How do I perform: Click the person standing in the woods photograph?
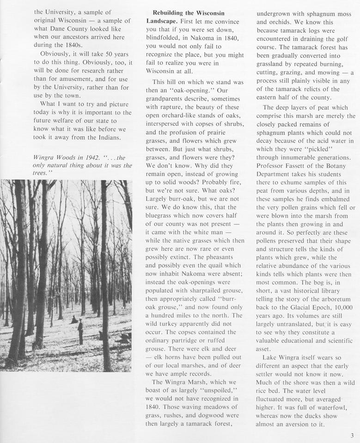80,331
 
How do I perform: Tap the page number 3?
352,435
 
